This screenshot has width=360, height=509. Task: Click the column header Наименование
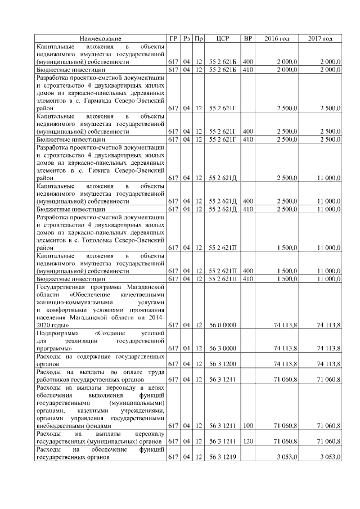click(100, 38)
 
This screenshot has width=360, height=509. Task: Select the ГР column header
click(173, 38)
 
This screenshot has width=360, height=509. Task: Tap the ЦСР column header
click(222, 38)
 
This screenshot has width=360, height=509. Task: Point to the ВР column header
click(247, 38)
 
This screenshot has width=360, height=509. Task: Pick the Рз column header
click(186, 38)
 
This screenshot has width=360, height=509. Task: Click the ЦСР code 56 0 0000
click(222, 325)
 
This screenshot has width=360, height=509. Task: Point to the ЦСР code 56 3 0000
click(222, 349)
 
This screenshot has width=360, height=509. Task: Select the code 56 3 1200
click(222, 364)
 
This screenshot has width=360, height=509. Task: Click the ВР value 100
click(247, 426)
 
